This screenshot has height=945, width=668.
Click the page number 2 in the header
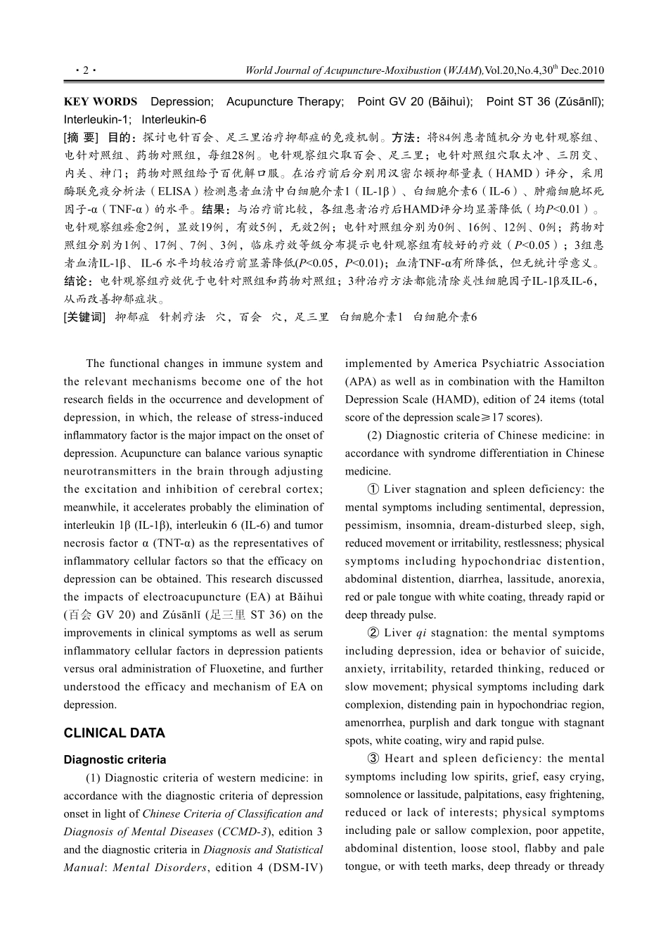point(84,70)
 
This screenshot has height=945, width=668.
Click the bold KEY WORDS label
point(101,102)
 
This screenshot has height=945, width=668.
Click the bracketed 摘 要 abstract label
point(82,137)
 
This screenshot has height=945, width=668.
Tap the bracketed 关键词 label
point(84,317)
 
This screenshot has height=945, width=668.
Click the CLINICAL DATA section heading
point(114,733)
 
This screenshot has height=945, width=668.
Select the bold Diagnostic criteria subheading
point(115,760)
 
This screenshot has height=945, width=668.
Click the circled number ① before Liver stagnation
point(373,489)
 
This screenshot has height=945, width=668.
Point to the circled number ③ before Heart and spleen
point(373,759)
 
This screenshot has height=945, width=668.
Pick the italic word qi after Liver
point(421,633)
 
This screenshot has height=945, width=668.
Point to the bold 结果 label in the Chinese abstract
point(216,210)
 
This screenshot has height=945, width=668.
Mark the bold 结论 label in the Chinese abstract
point(78,281)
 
